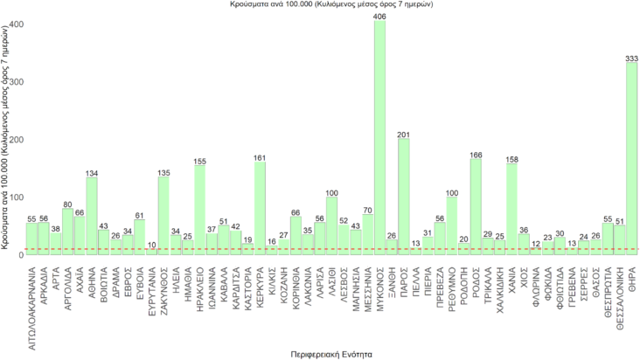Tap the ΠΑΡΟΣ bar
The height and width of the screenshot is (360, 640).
403,196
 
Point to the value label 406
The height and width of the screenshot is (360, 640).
379,16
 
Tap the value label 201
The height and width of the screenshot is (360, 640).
403,135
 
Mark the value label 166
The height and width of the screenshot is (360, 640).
476,155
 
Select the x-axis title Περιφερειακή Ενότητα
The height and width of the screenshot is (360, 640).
331,354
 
